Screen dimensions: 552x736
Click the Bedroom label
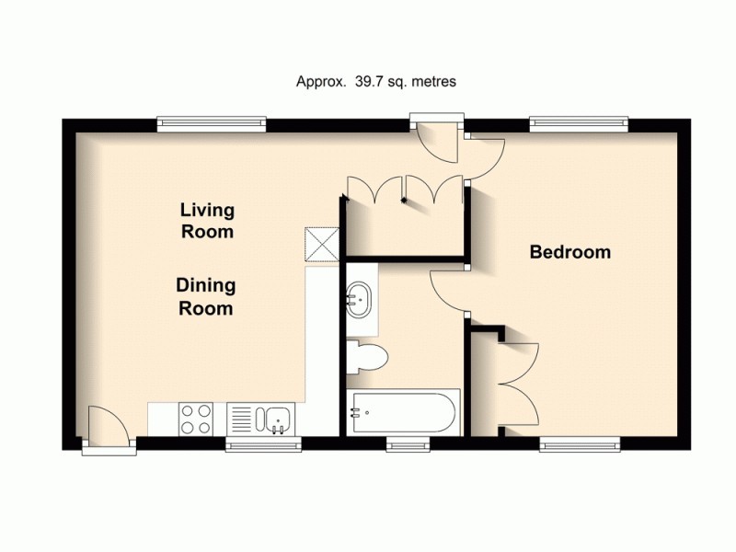click(x=570, y=252)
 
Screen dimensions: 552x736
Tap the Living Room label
click(x=206, y=221)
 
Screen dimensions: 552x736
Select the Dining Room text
click(x=204, y=296)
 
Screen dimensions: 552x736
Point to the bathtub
click(x=401, y=413)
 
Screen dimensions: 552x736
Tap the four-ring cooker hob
click(x=195, y=420)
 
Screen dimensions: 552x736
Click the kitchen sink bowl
click(x=277, y=420)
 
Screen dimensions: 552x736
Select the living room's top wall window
click(x=211, y=121)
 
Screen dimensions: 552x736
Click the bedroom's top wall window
click(x=579, y=121)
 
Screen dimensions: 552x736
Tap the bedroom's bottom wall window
click(x=581, y=444)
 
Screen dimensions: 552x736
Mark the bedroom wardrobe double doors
click(x=515, y=377)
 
